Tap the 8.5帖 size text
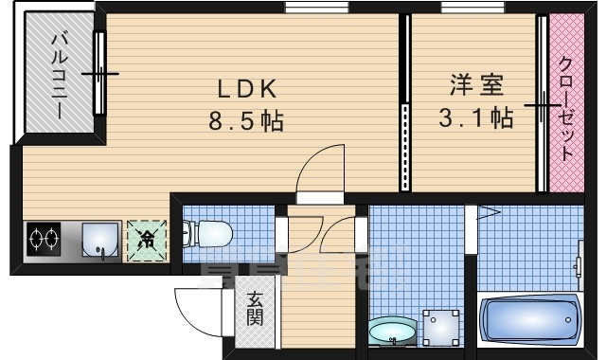click(246, 121)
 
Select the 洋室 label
click(476, 85)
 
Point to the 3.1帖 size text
click(475, 118)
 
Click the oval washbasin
click(391, 332)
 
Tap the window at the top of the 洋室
click(472, 9)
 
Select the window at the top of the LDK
click(317, 9)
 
